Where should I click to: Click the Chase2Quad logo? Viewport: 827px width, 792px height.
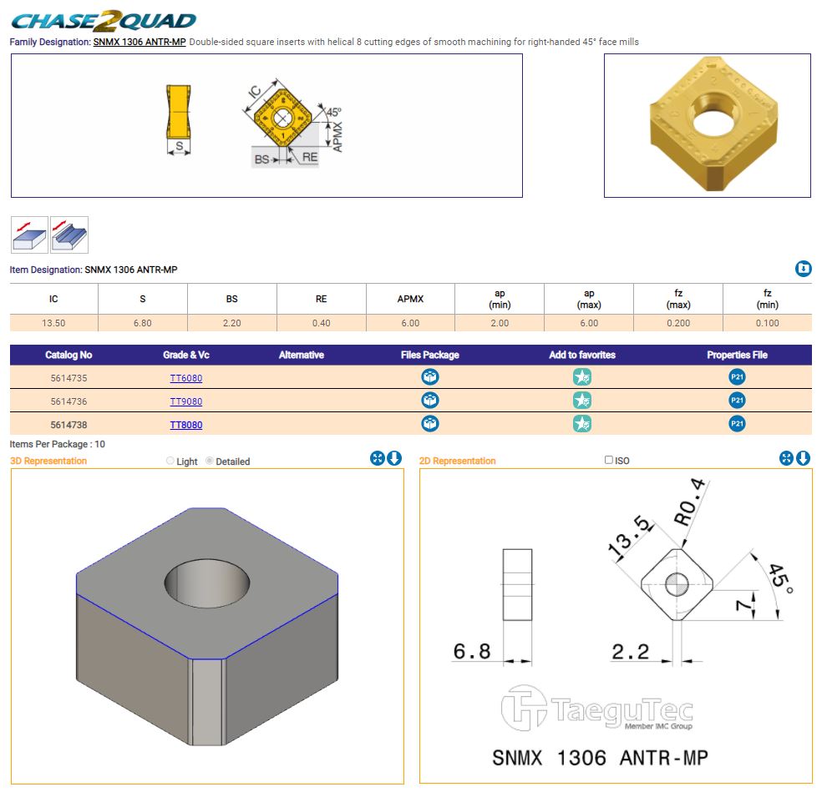[x=104, y=21]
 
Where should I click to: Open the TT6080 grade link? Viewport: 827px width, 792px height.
[x=186, y=378]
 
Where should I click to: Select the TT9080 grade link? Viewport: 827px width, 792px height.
[x=186, y=401]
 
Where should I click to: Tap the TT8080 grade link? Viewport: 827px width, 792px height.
[x=186, y=425]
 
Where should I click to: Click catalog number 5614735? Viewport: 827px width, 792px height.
[x=68, y=378]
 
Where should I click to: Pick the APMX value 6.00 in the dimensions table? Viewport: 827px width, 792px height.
[x=410, y=323]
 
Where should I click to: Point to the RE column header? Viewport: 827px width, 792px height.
[x=322, y=299]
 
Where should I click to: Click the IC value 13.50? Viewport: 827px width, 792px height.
[x=53, y=323]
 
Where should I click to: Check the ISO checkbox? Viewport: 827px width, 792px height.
[x=609, y=460]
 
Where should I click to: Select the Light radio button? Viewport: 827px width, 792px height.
[x=170, y=461]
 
